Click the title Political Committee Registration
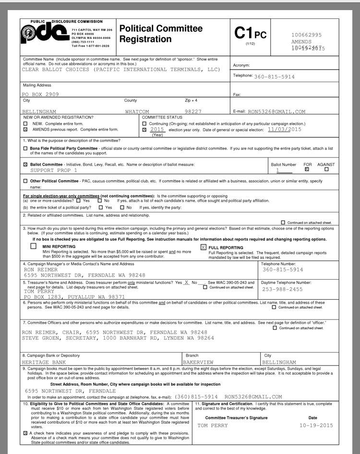[x=161, y=34]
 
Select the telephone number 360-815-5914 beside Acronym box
[x=274, y=77]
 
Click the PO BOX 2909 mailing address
[x=41, y=95]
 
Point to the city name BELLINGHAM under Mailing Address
[x=39, y=111]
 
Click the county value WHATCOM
[x=137, y=111]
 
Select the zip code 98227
[x=193, y=111]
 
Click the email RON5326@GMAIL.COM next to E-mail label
[x=276, y=111]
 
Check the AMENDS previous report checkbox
[x=25, y=130]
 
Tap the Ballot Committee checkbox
[x=25, y=164]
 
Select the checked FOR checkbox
[x=307, y=169]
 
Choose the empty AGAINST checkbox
[x=326, y=169]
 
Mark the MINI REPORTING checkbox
[x=33, y=246]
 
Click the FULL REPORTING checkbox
[x=204, y=247]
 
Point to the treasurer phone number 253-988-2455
[x=283, y=289]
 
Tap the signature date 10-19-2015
[x=316, y=425]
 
